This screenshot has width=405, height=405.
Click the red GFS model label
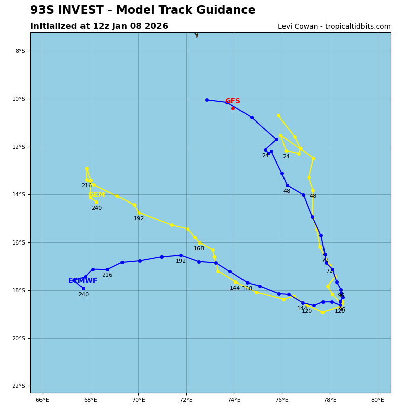[232, 101]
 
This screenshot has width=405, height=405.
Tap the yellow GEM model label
[96, 195]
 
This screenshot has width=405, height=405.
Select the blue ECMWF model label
[83, 281]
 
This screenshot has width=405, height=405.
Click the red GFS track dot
[233, 108]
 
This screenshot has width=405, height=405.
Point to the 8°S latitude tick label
[20, 51]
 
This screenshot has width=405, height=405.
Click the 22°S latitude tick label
[19, 386]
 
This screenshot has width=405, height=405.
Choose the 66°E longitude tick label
[43, 400]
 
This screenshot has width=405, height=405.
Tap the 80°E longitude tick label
[378, 400]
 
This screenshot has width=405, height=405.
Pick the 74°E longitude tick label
[234, 400]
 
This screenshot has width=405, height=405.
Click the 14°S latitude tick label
[19, 194]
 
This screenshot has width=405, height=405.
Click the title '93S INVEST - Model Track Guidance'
[143, 10]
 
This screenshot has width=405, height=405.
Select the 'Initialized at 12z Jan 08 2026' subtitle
[99, 26]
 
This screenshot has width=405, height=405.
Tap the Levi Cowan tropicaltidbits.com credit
[334, 27]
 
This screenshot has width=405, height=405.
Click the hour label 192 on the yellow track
[139, 219]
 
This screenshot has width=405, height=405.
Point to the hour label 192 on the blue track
[181, 261]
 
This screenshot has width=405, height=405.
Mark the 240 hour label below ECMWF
[83, 295]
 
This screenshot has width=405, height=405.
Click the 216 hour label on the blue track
[107, 275]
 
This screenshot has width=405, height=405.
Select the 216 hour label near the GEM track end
[87, 186]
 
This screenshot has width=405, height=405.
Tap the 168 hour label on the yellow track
[199, 249]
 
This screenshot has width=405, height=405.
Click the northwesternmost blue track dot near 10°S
[207, 100]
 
